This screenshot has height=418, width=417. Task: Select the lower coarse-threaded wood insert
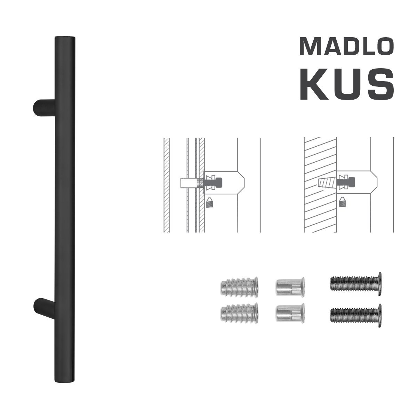coord(239,312)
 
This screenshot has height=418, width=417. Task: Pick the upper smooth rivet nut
coord(290,287)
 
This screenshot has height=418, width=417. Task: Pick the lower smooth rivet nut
coord(290,312)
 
